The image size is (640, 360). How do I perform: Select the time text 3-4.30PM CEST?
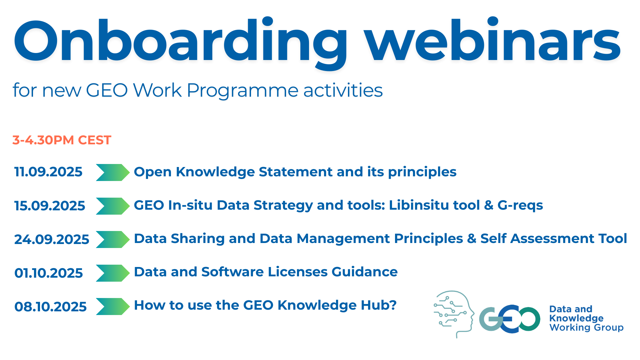click(x=62, y=140)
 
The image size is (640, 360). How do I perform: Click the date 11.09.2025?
click(x=48, y=172)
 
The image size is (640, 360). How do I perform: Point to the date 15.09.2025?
click(x=50, y=206)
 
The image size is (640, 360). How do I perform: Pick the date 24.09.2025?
click(x=52, y=239)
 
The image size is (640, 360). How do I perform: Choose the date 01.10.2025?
click(x=49, y=273)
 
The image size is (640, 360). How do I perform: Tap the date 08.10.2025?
click(x=50, y=307)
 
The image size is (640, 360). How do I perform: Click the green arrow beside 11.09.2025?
click(x=113, y=172)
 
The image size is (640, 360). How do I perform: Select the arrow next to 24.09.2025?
click(x=113, y=239)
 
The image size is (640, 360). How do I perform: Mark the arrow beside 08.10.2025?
click(x=113, y=306)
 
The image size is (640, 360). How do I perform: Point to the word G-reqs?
click(x=520, y=206)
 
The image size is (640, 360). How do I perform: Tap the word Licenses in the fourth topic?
click(x=298, y=272)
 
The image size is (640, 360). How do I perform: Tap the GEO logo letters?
click(x=509, y=319)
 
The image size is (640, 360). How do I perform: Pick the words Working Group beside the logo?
click(x=586, y=328)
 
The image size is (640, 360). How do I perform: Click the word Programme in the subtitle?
click(x=242, y=90)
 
